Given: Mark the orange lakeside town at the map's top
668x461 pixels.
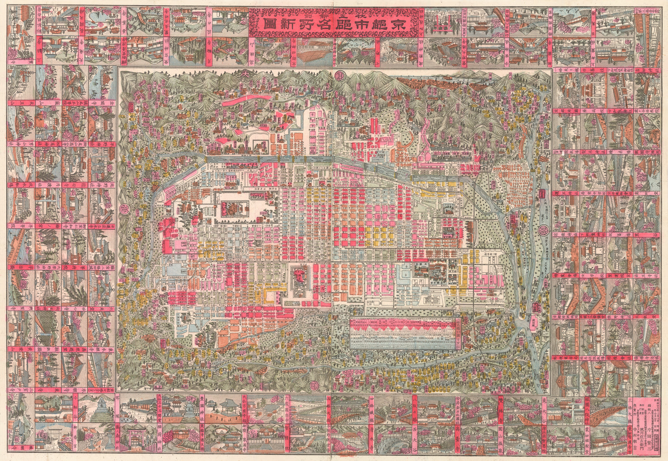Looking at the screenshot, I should point(424,83).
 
